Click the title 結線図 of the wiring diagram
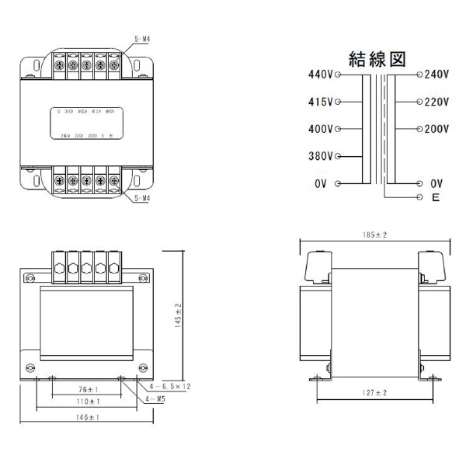(377, 61)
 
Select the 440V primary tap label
(320, 75)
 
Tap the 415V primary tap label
(320, 102)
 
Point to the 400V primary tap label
(320, 129)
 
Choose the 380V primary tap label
(320, 156)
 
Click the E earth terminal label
(435, 198)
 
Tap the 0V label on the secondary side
(436, 183)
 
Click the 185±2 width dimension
(375, 234)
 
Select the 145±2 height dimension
(178, 317)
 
